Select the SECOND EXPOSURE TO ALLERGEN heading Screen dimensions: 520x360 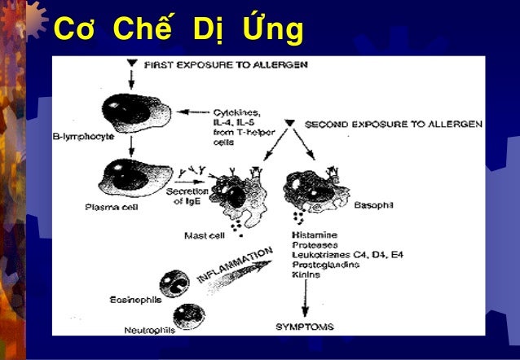[x=393, y=124]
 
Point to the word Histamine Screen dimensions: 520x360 [x=316, y=235]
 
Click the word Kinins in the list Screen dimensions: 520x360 [x=306, y=274]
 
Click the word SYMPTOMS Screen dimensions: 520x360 [x=305, y=327]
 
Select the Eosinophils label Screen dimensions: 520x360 [x=135, y=299]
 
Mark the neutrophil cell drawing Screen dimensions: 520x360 [x=189, y=316]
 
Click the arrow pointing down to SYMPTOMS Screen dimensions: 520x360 [x=305, y=301]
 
